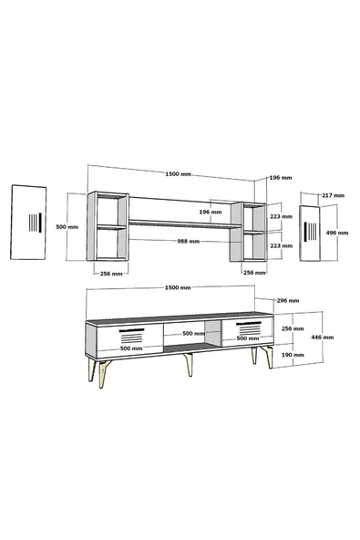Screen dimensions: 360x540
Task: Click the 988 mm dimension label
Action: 189,242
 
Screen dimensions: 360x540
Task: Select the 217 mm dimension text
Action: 333,195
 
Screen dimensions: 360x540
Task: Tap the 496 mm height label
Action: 337,233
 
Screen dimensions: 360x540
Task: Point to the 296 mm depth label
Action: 288,301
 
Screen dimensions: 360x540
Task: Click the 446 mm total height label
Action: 323,337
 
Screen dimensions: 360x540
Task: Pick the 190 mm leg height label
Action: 293,355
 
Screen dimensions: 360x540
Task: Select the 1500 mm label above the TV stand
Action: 178,287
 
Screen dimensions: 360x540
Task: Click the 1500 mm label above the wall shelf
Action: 178,174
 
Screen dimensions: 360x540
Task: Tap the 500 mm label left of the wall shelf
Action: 67,227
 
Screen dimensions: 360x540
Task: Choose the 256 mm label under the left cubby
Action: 111,274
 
